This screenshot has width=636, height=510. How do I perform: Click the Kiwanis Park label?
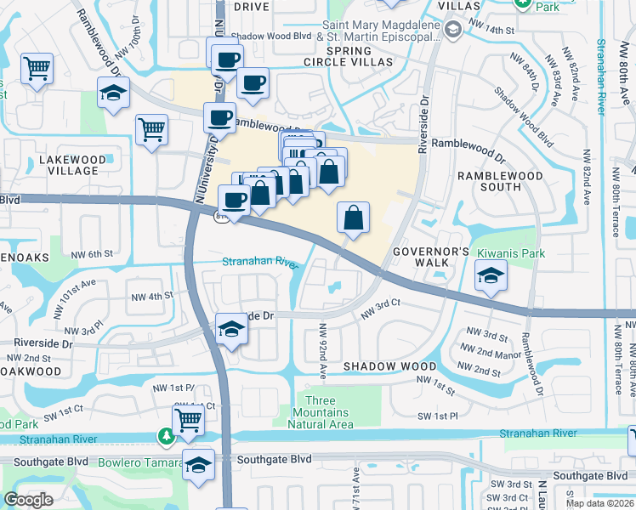500,253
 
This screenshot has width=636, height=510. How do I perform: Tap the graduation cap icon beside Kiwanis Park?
491,276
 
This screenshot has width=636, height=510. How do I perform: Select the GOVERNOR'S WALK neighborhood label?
431,258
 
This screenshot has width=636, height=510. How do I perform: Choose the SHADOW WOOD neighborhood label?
389,366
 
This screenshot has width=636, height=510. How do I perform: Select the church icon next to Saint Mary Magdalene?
453,31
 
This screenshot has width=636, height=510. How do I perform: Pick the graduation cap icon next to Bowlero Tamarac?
199,465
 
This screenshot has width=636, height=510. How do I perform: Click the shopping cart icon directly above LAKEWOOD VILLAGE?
151,130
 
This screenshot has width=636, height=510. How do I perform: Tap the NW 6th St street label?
92,254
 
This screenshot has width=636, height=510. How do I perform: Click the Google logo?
29,499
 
